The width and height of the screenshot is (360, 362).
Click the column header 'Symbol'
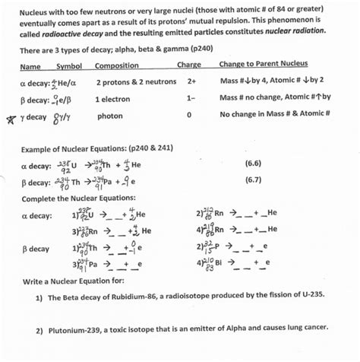[x=69, y=65]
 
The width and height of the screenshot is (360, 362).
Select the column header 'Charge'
[x=188, y=65]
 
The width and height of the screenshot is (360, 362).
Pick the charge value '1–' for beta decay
[x=191, y=98]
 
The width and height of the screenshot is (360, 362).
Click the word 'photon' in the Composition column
[x=109, y=116]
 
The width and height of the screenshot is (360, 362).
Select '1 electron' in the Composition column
[x=113, y=98]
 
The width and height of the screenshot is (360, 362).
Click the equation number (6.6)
[x=253, y=164]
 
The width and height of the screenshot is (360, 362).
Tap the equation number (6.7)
[x=253, y=180]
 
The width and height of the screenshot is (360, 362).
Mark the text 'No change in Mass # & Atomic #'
[x=274, y=116]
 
